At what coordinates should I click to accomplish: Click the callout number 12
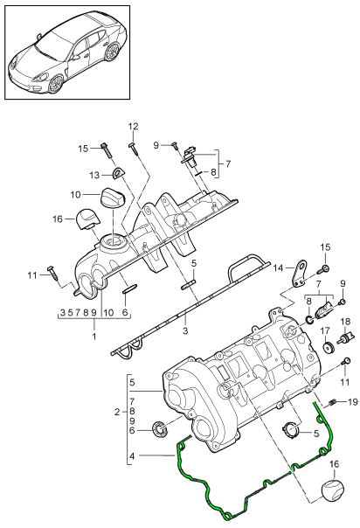click(x=133, y=127)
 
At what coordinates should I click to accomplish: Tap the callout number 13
click(x=94, y=175)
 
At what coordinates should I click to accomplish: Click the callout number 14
click(x=279, y=268)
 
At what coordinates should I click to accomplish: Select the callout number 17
click(x=325, y=331)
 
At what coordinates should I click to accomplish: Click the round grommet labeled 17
click(x=329, y=348)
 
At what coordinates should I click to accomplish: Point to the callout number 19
click(x=353, y=402)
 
